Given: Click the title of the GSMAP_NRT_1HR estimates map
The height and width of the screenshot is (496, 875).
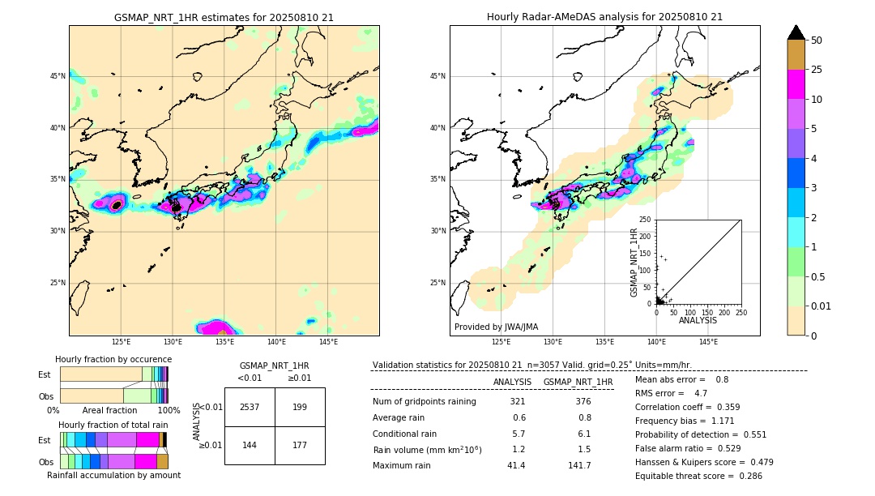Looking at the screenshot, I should pyautogui.click(x=224, y=17).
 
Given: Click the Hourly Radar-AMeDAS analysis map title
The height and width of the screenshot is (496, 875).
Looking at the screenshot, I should pyautogui.click(x=604, y=17).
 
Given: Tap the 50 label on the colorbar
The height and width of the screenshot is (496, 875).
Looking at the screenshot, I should pyautogui.click(x=817, y=41).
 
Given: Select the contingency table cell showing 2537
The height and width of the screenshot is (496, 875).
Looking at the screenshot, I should pyautogui.click(x=250, y=407).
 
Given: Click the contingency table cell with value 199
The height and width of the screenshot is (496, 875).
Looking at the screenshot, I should pyautogui.click(x=300, y=407).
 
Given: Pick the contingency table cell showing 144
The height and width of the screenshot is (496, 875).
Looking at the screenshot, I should pyautogui.click(x=250, y=445).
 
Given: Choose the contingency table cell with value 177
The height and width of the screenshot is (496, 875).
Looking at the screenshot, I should pyautogui.click(x=300, y=445).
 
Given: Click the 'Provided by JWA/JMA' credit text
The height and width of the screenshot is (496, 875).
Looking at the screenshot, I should pyautogui.click(x=496, y=327).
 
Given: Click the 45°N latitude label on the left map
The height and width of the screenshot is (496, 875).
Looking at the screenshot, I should pyautogui.click(x=58, y=76).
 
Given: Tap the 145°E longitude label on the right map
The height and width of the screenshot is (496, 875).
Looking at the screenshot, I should pyautogui.click(x=708, y=342).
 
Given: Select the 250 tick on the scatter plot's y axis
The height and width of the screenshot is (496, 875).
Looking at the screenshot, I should pyautogui.click(x=646, y=220).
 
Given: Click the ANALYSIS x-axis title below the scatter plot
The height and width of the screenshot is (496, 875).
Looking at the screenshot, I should pyautogui.click(x=698, y=320).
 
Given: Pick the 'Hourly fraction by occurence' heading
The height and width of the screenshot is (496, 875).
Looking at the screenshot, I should pyautogui.click(x=113, y=359).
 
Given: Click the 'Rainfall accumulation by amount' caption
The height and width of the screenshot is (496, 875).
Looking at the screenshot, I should pyautogui.click(x=113, y=475).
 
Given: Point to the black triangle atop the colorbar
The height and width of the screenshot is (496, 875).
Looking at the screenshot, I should pyautogui.click(x=796, y=32).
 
